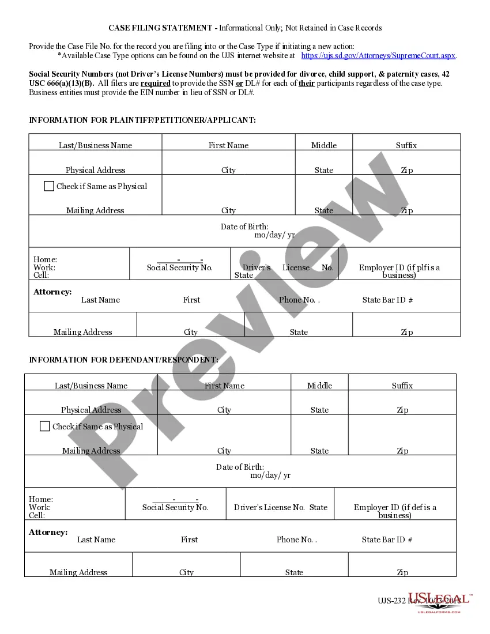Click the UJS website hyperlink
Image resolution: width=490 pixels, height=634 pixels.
(x=379, y=56)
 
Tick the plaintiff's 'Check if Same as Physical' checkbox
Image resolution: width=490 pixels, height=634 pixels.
(x=49, y=186)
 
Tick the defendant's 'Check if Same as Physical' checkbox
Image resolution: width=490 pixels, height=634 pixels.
(x=45, y=427)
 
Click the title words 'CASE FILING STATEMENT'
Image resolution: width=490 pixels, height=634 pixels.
(x=160, y=28)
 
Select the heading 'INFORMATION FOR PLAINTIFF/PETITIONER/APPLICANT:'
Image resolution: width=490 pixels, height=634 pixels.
(x=142, y=120)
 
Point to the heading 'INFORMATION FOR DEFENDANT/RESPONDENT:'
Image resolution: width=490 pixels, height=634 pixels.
(x=123, y=360)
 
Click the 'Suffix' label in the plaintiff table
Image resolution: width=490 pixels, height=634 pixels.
(x=406, y=145)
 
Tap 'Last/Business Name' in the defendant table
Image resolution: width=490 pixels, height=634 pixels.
(x=91, y=386)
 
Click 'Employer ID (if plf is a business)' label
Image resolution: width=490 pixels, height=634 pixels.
(x=399, y=271)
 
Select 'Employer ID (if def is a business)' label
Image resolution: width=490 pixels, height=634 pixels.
(x=395, y=511)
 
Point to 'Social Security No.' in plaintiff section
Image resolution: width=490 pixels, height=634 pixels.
(x=180, y=267)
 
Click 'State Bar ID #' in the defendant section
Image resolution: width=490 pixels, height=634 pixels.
(x=387, y=539)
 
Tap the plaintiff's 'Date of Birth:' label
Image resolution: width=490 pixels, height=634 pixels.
(x=244, y=227)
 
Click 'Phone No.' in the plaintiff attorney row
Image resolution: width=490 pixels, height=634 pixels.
(x=297, y=300)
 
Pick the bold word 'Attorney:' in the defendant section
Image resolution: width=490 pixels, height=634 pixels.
(x=48, y=532)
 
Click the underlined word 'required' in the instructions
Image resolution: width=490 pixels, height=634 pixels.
(x=156, y=83)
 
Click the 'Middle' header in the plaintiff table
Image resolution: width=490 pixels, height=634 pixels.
(x=324, y=145)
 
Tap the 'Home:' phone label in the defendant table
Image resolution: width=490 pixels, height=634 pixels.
(x=40, y=499)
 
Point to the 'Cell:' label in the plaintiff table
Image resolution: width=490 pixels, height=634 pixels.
(x=41, y=275)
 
